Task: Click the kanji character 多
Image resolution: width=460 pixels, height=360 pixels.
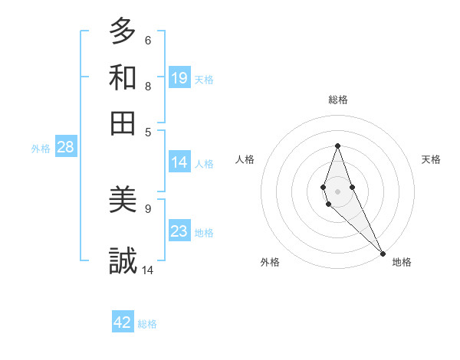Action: point(123,32)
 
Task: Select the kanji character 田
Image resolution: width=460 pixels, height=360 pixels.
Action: point(123,123)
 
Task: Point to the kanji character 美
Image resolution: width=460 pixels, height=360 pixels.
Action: point(123,201)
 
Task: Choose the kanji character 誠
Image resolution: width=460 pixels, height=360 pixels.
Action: point(123,261)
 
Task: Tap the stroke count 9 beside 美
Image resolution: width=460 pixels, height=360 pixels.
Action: point(148,208)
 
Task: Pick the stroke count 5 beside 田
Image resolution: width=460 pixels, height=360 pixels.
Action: point(148,131)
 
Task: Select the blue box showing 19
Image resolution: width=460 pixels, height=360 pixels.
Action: point(179,77)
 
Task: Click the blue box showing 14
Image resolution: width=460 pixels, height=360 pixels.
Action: point(179,162)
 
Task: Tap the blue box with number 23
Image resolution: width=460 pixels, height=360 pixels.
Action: point(179,231)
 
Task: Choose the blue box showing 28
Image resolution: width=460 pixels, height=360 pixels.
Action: point(65,148)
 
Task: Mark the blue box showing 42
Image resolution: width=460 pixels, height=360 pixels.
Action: point(123,322)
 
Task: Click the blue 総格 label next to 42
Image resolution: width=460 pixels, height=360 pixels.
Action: point(147,324)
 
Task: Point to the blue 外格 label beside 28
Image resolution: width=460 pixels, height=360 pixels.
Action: point(41,149)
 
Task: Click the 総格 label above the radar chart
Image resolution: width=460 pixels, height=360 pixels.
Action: point(338,100)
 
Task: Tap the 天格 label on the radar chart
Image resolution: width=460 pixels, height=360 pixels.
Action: point(431,159)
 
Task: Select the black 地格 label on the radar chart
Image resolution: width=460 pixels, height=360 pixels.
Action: point(402,262)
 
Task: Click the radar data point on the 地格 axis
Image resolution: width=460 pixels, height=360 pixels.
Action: point(383,254)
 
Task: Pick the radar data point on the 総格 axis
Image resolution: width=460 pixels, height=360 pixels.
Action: point(337,146)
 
